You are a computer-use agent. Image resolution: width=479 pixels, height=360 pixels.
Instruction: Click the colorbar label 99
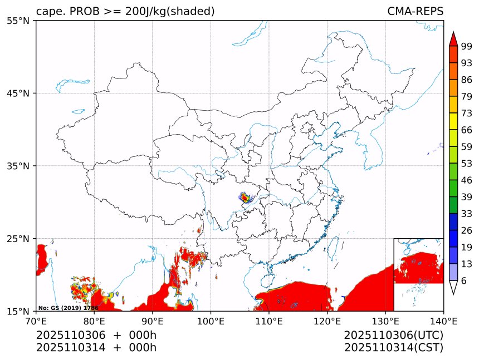(x=467, y=46)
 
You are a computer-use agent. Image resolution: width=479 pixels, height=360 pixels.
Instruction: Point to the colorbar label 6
(x=464, y=280)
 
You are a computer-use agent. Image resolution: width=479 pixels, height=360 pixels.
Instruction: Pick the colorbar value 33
(x=467, y=214)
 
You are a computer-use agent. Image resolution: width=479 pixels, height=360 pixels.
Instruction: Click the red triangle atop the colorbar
(x=453, y=40)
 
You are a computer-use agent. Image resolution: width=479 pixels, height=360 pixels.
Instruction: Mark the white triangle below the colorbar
(x=453, y=287)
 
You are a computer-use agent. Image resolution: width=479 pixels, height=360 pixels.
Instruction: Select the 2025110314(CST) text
(x=393, y=348)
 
